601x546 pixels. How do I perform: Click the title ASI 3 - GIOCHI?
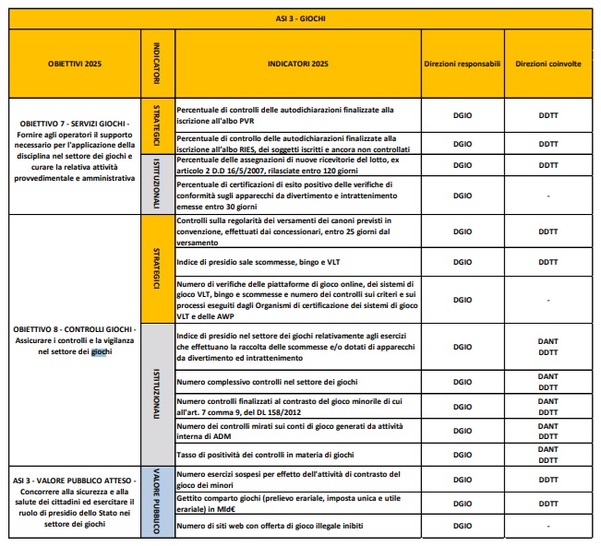(301, 17)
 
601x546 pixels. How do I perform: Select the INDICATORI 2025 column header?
(297, 65)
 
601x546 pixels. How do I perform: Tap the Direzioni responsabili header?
(462, 65)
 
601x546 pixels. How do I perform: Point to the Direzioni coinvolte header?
(548, 65)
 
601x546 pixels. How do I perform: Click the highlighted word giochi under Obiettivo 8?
(100, 352)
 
